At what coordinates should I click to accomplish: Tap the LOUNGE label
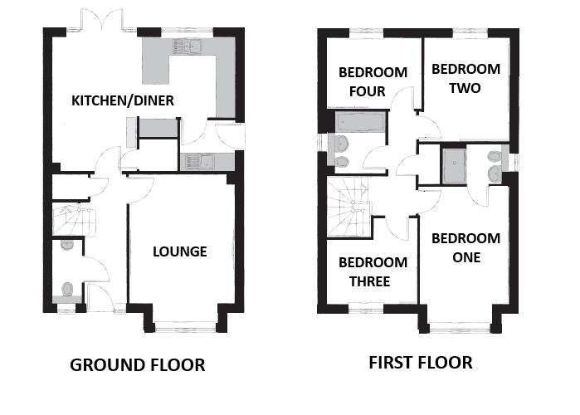179,251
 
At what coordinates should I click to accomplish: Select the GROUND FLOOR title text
137,365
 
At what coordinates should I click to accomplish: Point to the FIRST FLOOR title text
421,363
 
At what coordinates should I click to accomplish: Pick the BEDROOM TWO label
465,78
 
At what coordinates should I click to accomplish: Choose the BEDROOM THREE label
373,272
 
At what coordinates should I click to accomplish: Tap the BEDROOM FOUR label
373,81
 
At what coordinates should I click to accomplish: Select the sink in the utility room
197,163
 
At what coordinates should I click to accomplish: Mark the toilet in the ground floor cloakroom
68,289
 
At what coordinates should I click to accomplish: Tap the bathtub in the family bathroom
360,123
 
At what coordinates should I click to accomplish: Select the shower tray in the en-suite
455,163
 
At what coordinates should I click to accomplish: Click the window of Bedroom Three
364,309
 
